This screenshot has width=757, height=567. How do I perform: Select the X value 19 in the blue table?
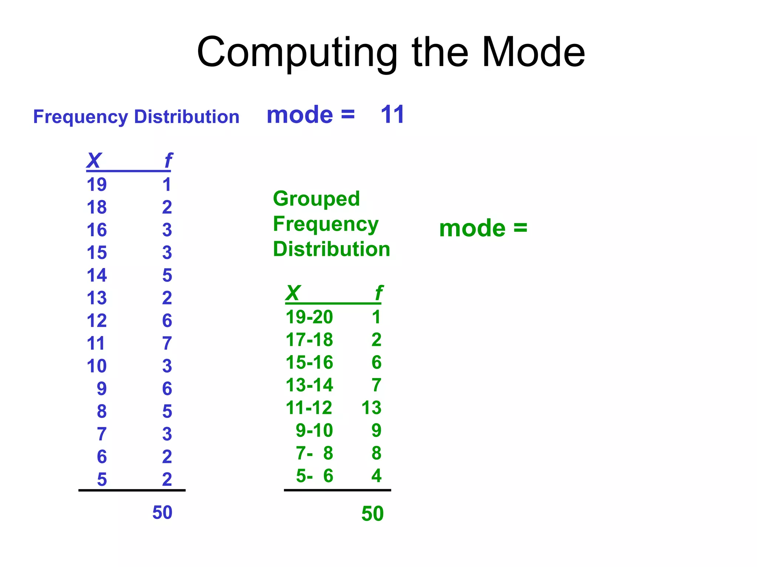[x=96, y=184]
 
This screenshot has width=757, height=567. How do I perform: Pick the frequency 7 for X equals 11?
[x=167, y=343]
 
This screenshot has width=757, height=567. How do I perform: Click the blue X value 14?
[x=96, y=275]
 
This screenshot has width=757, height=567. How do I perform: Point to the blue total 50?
[x=162, y=512]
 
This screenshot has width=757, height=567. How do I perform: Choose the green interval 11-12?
[x=309, y=408]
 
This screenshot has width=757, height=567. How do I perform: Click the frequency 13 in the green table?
[x=371, y=408]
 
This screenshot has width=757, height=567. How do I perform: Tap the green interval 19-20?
[x=309, y=317]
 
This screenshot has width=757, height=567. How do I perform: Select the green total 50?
[x=373, y=513]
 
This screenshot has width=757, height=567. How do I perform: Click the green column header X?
[x=293, y=293]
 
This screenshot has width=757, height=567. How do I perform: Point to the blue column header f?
[x=168, y=161]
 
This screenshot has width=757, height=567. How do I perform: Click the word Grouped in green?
[x=316, y=199]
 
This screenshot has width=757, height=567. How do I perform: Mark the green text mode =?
[x=483, y=228]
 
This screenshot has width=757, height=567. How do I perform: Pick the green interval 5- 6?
[x=314, y=476]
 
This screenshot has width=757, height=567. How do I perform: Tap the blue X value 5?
[x=102, y=480]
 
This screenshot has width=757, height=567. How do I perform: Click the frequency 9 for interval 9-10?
[x=376, y=430]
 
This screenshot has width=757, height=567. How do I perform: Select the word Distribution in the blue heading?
[x=187, y=117]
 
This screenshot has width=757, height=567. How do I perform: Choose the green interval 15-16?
[x=309, y=362]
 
